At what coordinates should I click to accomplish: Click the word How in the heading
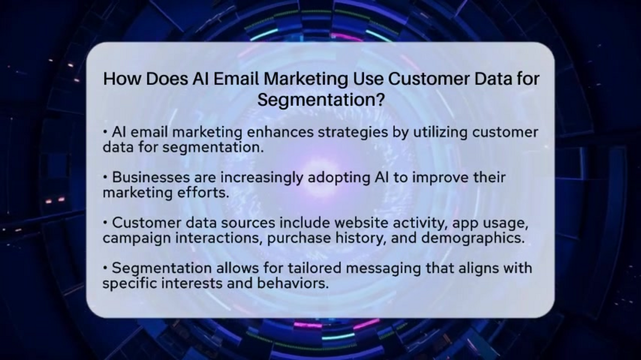122,79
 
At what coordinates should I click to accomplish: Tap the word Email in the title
236,79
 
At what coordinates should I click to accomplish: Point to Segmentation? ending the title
321,99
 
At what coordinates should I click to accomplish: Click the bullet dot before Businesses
105,178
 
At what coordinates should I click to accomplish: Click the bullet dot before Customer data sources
105,223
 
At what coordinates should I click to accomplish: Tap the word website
361,223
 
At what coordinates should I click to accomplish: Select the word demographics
473,238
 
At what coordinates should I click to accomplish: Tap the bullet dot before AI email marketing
105,132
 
